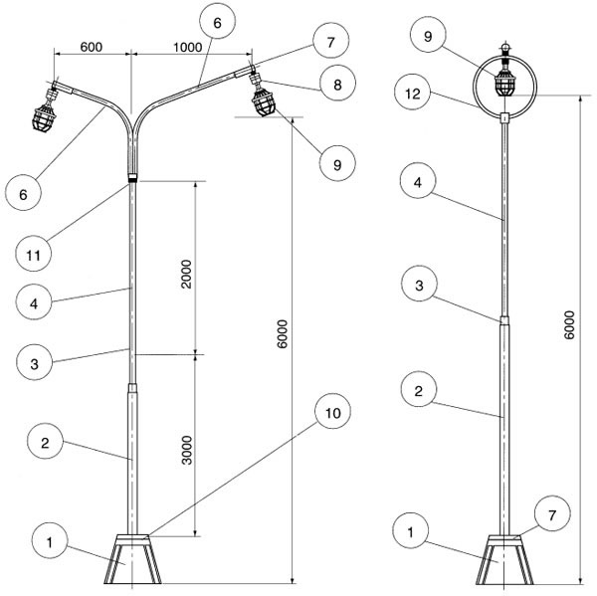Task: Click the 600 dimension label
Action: click(x=91, y=47)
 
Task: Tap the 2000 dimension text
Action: click(x=186, y=268)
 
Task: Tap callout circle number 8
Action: click(x=335, y=86)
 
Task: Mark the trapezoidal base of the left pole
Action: click(x=130, y=563)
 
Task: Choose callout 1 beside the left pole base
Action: click(x=47, y=542)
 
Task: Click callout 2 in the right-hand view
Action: click(x=418, y=391)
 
